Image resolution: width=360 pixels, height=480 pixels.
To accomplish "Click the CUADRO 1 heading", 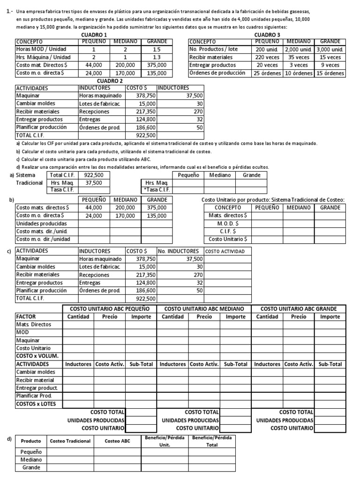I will pyautogui.click(x=94, y=35).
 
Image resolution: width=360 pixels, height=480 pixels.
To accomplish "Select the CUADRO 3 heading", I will pyautogui.click(x=267, y=35).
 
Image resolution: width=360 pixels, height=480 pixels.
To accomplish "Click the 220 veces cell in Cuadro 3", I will pyautogui.click(x=267, y=57).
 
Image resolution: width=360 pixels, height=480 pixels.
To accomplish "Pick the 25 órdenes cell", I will pyautogui.click(x=267, y=73).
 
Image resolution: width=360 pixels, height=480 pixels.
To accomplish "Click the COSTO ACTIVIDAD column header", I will pyautogui.click(x=224, y=251).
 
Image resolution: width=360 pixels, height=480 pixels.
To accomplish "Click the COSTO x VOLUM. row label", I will pyautogui.click(x=37, y=356).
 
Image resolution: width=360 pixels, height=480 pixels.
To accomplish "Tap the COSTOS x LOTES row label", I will pyautogui.click(x=37, y=404).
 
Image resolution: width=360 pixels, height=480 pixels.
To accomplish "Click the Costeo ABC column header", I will pyautogui.click(x=117, y=441).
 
